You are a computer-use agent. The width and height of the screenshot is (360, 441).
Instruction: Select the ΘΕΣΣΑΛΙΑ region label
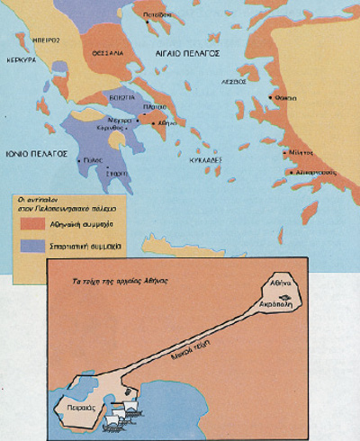pos(106,53)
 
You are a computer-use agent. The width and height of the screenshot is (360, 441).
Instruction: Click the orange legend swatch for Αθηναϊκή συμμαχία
pos(31,219)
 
